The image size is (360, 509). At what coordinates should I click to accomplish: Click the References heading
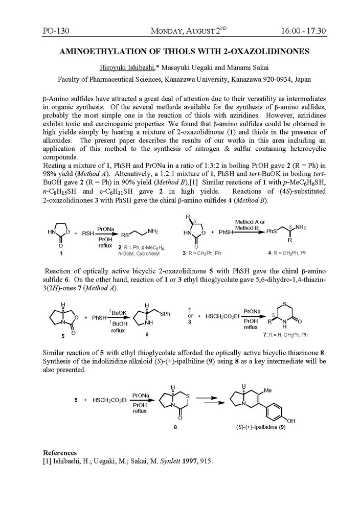(60, 453)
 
